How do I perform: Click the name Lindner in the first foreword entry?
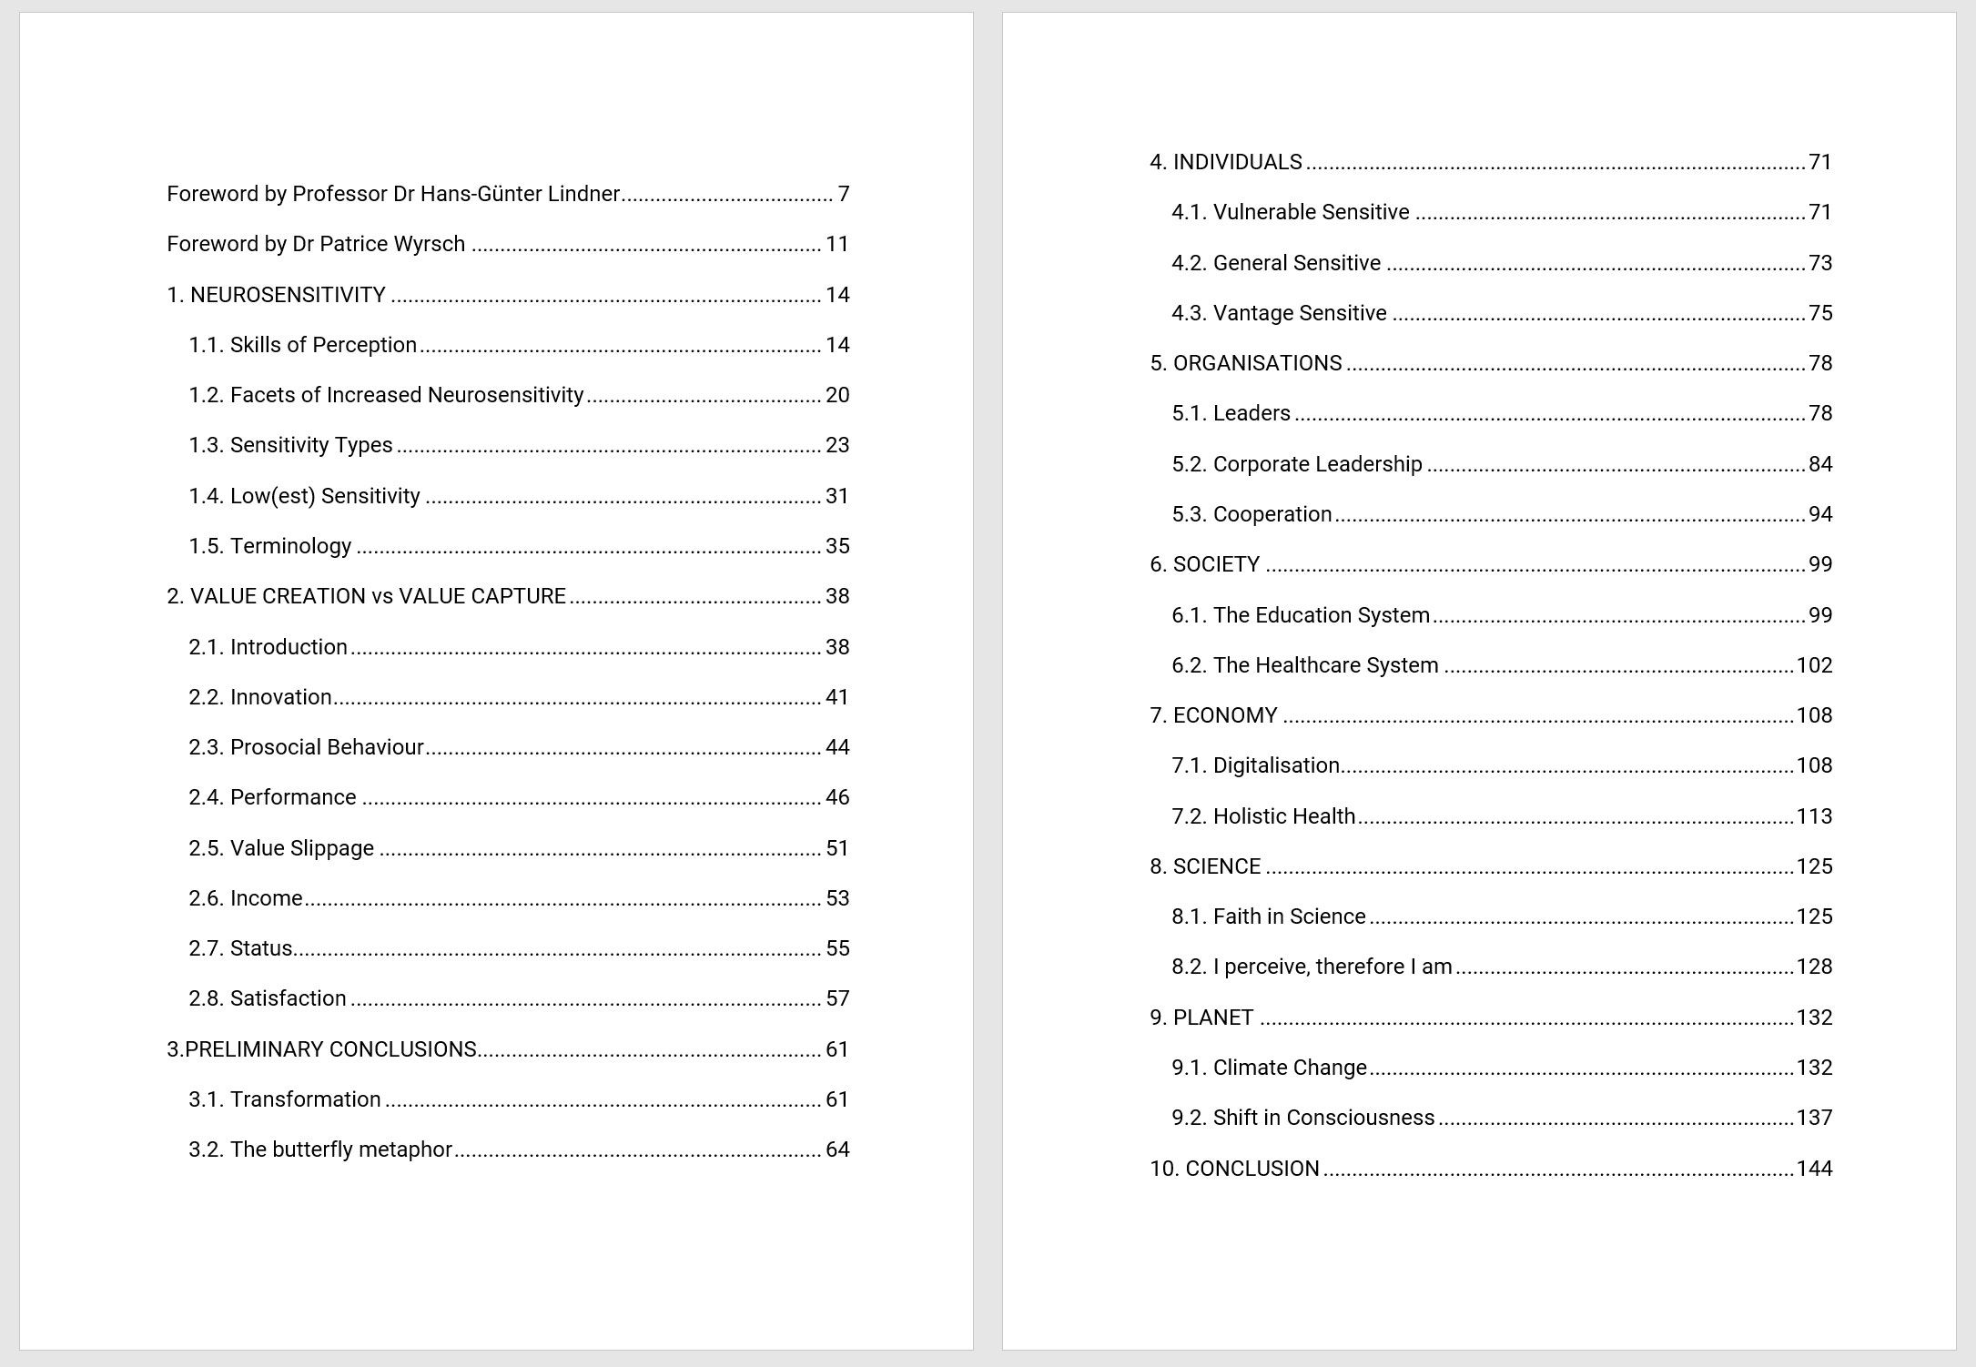584,194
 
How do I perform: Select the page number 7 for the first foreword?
844,194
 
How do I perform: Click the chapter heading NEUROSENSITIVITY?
288,295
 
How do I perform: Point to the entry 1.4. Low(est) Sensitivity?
304,496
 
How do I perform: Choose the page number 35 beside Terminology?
837,546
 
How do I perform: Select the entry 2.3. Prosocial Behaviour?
306,747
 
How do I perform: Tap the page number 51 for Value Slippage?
837,848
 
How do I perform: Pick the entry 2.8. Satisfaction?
268,998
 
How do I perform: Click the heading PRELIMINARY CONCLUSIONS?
330,1049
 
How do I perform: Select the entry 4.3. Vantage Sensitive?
1279,313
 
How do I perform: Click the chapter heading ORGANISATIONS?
1257,363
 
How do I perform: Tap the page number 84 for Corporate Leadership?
1820,464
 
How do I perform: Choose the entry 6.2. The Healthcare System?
1304,665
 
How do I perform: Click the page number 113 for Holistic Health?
1814,816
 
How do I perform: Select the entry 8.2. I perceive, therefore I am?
1312,967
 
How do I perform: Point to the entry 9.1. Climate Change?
1269,1068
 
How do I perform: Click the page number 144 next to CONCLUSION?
1814,1169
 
